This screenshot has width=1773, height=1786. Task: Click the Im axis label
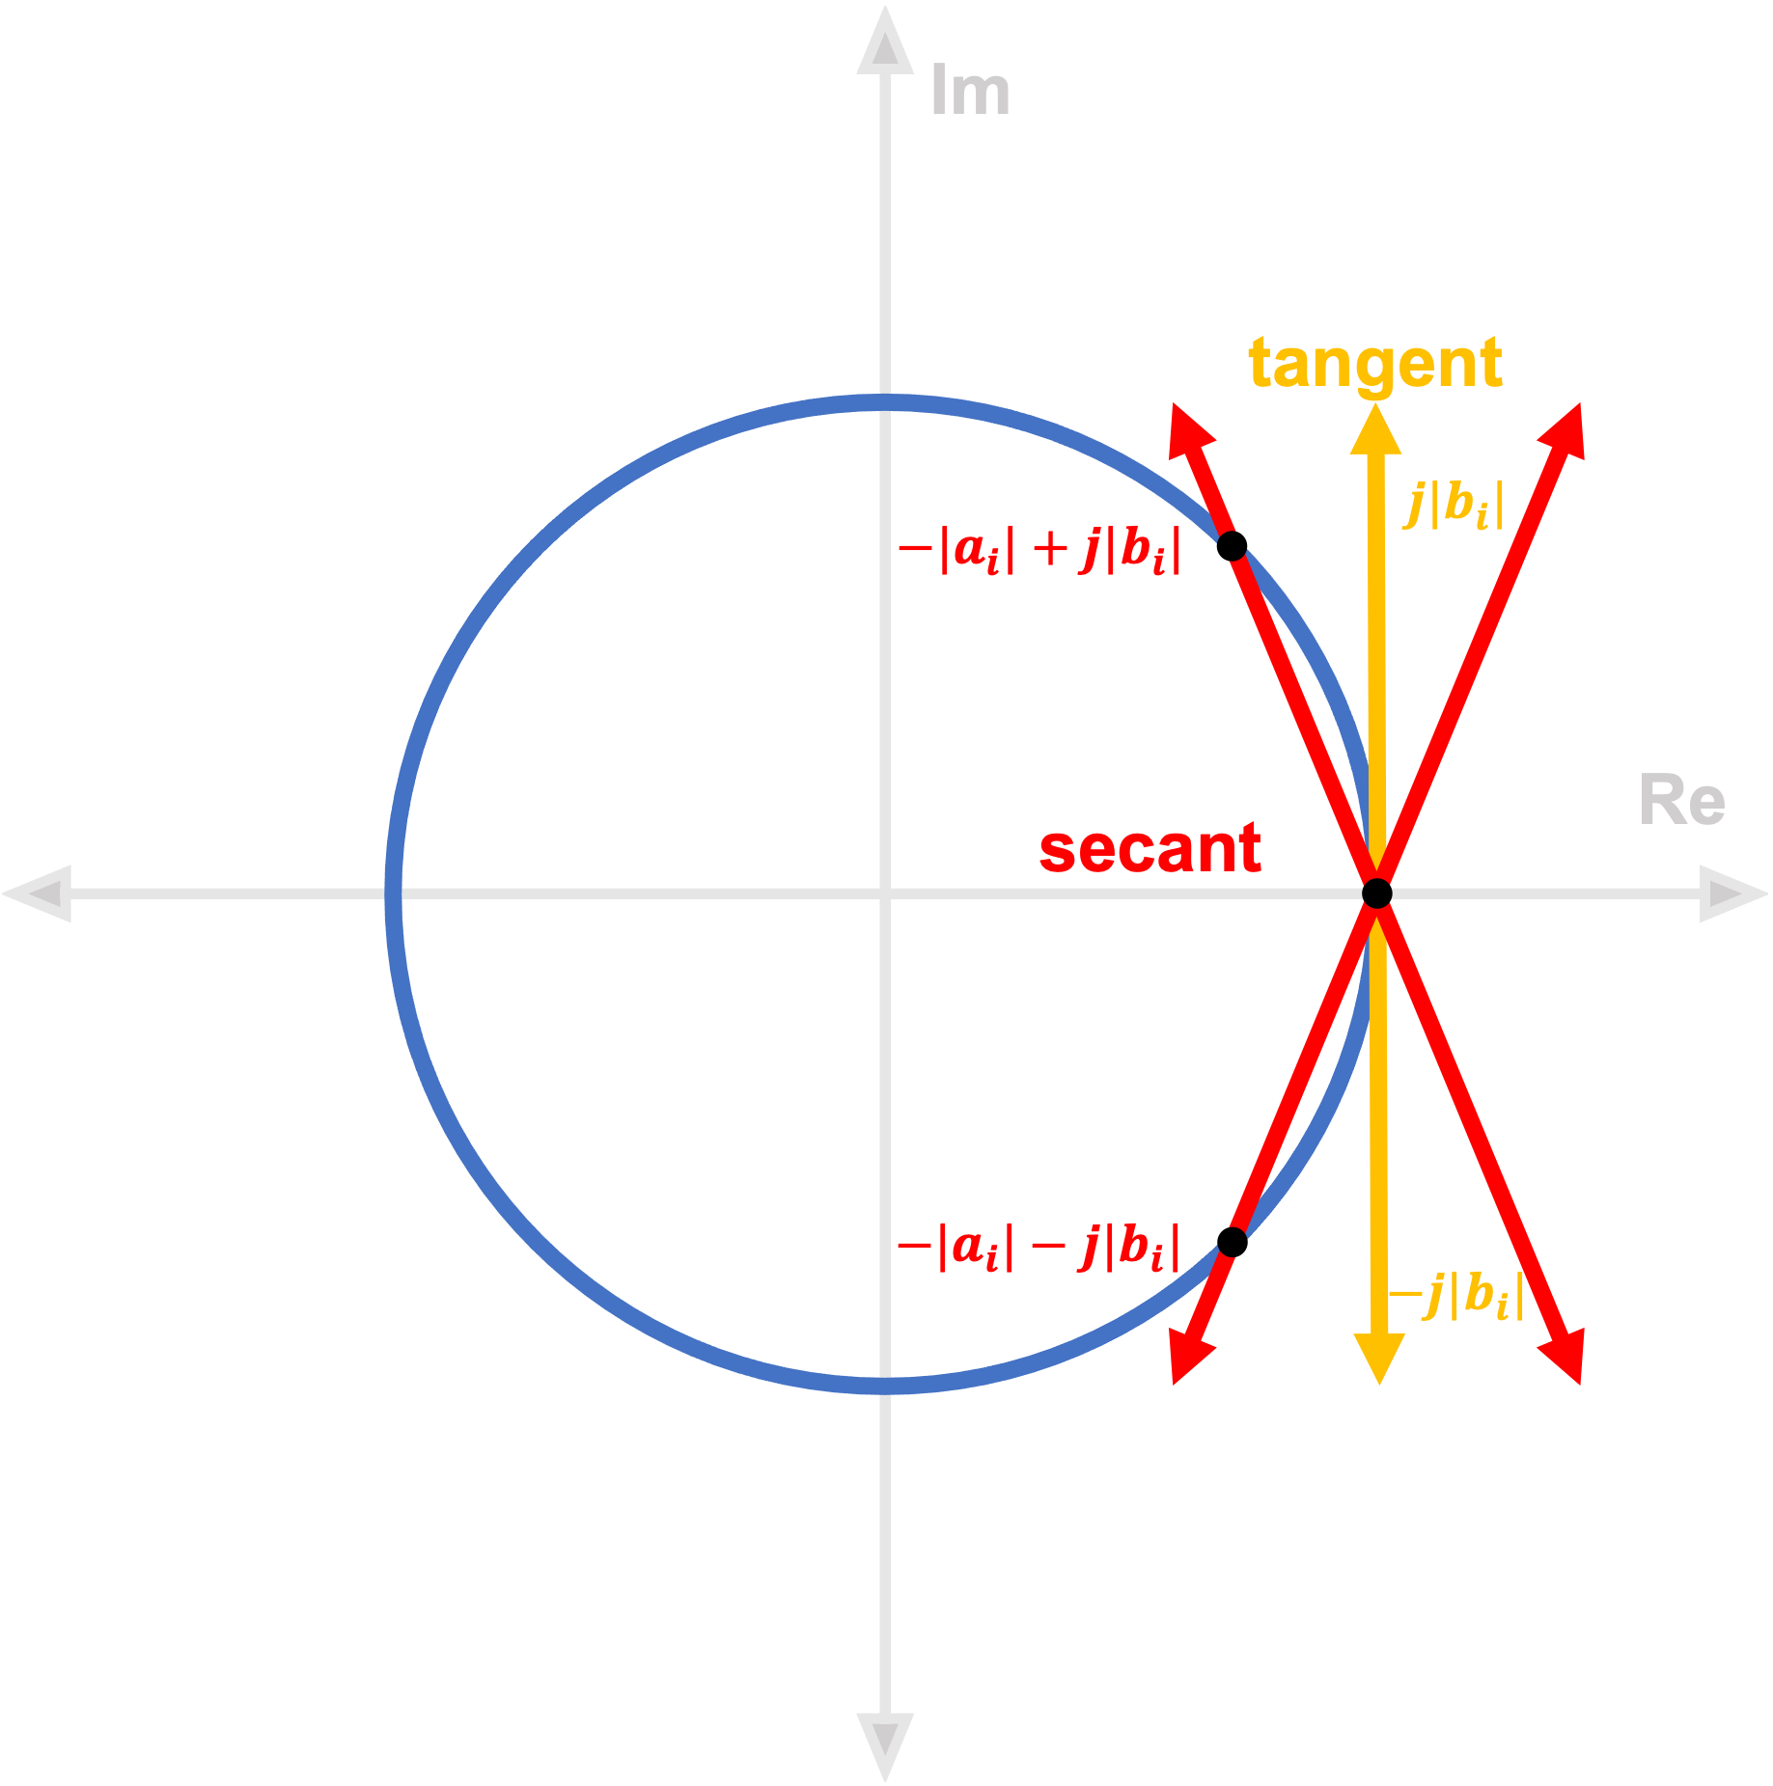(x=970, y=93)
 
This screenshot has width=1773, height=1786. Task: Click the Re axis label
(x=1682, y=801)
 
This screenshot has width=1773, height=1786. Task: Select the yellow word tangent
(x=1374, y=364)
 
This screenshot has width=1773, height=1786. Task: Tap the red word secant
(x=1150, y=849)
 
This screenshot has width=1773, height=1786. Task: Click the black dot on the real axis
(x=1377, y=893)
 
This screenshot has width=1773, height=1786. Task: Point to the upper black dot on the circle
(x=1233, y=546)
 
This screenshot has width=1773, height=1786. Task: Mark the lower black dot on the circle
(x=1232, y=1242)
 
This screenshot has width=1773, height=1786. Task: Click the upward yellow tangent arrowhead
(x=1375, y=428)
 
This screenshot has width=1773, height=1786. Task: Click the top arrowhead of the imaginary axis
(x=885, y=43)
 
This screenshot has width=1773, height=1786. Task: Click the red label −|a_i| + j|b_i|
(x=1039, y=551)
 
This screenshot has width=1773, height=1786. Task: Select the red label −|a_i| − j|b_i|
(x=1039, y=1247)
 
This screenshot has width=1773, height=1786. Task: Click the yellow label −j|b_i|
(x=1456, y=1295)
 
